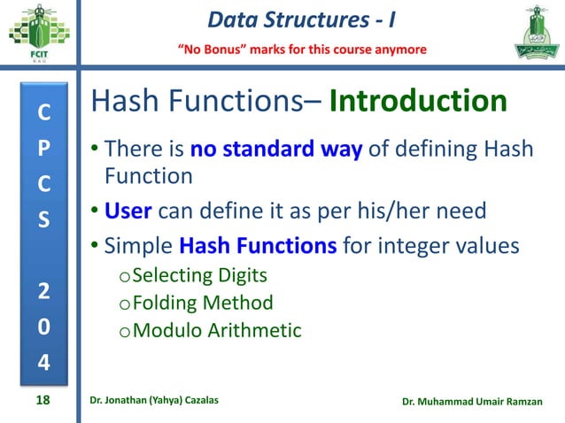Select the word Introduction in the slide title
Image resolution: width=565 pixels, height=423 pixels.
pos(418,103)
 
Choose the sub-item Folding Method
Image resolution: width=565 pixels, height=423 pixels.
pos(202,303)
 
